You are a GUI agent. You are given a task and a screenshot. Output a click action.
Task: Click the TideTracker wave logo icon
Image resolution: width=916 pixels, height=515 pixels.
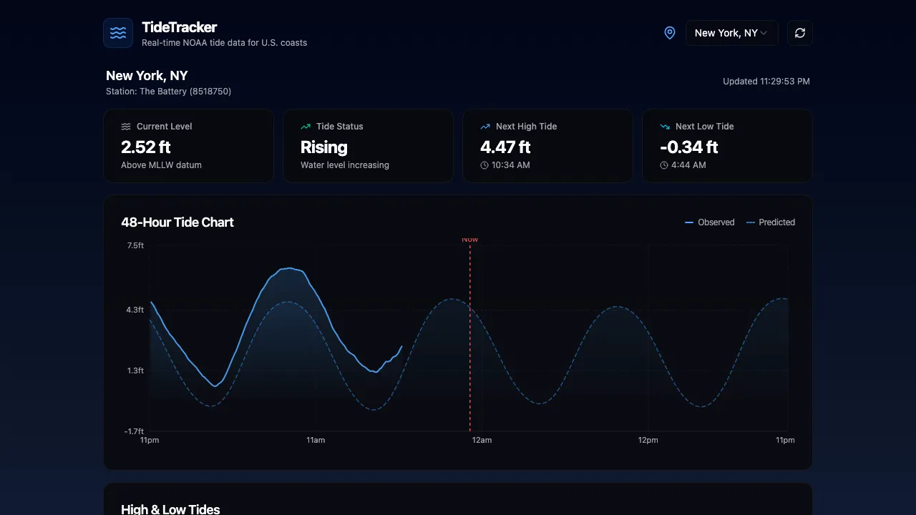coord(118,33)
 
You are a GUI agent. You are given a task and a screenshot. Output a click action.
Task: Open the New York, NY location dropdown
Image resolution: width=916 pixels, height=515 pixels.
coord(731,33)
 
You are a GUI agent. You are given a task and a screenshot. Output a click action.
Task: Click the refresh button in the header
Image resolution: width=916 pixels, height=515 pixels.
coord(799,33)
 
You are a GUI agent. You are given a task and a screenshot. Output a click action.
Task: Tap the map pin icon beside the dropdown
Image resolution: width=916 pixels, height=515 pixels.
coord(669,33)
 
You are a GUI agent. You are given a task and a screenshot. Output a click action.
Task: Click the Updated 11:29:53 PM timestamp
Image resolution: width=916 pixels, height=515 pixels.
coord(766,82)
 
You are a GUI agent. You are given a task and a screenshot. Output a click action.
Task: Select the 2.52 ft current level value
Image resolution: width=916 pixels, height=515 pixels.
coord(146,147)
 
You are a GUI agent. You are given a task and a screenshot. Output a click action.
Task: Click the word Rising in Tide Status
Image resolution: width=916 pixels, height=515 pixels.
coord(323,147)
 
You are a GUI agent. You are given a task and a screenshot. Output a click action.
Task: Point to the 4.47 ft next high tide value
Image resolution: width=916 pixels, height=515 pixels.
coord(505,147)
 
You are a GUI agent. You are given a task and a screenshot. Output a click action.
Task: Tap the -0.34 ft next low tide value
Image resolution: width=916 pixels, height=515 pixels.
coord(688,147)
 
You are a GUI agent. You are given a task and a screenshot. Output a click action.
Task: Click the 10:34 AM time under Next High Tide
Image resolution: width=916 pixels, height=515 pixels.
coord(510,165)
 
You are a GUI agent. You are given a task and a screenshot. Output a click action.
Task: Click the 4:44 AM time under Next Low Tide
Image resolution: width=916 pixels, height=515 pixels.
coord(688,165)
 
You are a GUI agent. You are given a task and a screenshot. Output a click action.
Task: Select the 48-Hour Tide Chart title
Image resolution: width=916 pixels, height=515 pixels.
coord(177,222)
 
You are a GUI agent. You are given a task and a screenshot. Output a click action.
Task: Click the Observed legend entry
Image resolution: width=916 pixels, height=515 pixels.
coord(710,222)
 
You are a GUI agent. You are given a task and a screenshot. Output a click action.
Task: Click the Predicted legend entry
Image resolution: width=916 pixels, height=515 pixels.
coord(771,222)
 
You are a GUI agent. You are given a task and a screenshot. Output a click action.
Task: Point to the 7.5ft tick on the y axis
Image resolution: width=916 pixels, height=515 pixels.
coord(135,245)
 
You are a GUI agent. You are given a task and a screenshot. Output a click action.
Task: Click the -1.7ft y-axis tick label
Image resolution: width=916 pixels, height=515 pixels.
coord(134,431)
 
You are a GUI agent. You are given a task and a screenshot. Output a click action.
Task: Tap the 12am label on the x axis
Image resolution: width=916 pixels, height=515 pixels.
coord(482,440)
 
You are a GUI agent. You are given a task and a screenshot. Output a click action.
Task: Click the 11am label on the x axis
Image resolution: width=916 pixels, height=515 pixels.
coord(316,440)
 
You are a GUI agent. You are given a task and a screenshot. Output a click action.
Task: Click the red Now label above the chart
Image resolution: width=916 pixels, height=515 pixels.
coord(469,240)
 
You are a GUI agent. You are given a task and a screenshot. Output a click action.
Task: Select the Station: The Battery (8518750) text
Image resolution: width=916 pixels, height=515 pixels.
coord(168,92)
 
